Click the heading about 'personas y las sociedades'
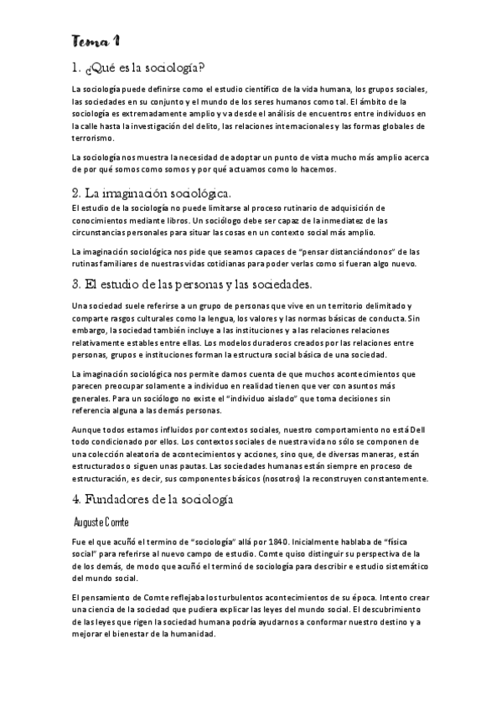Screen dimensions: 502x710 click(191, 284)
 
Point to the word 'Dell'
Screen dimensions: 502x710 click(421, 433)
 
